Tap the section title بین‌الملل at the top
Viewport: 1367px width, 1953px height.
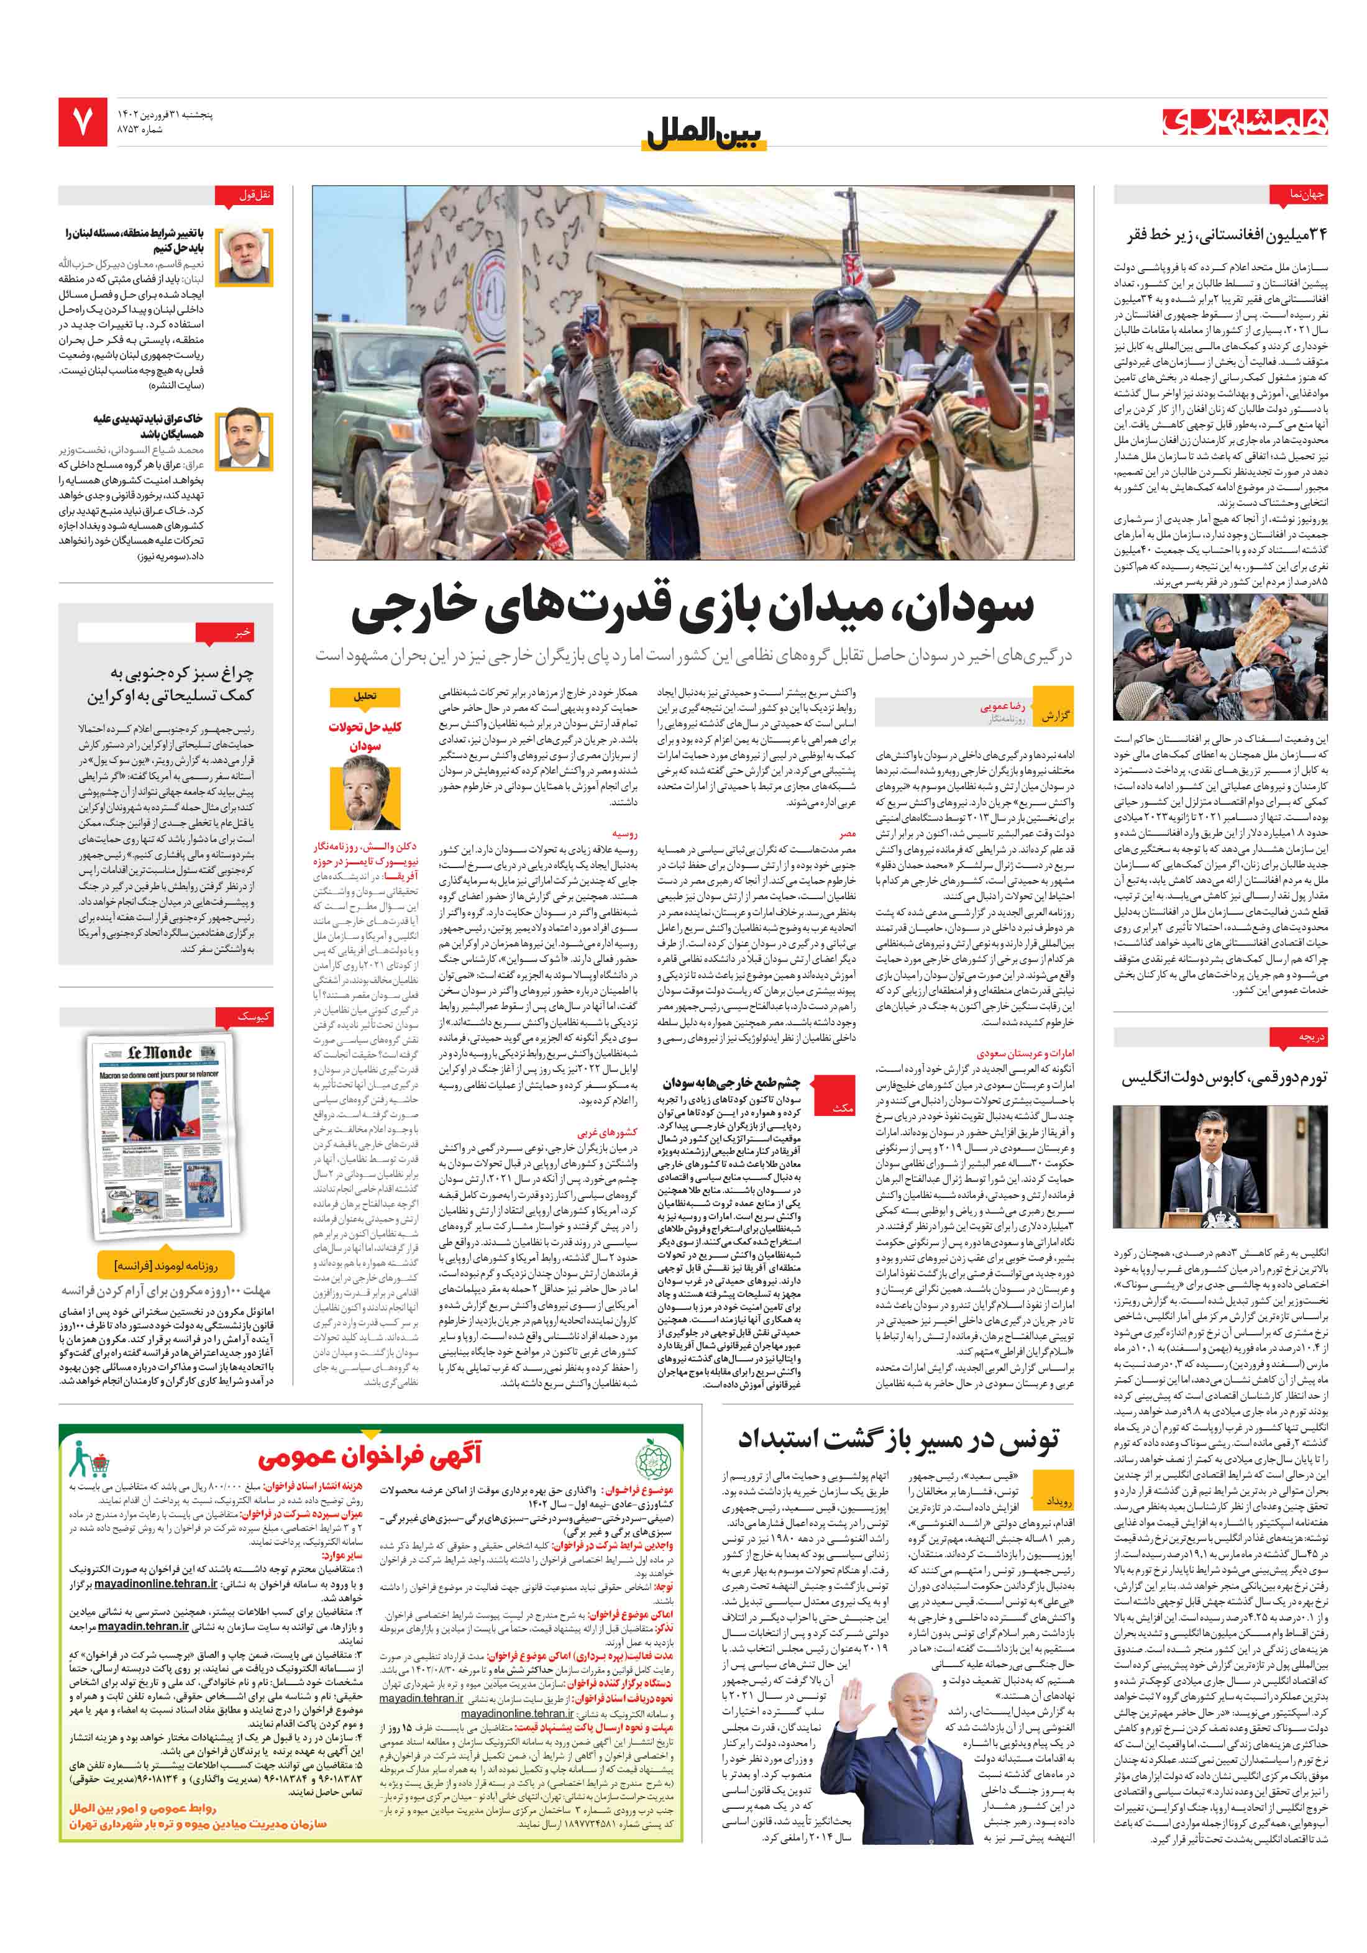click(x=705, y=134)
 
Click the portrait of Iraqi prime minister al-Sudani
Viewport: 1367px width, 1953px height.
click(x=245, y=440)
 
